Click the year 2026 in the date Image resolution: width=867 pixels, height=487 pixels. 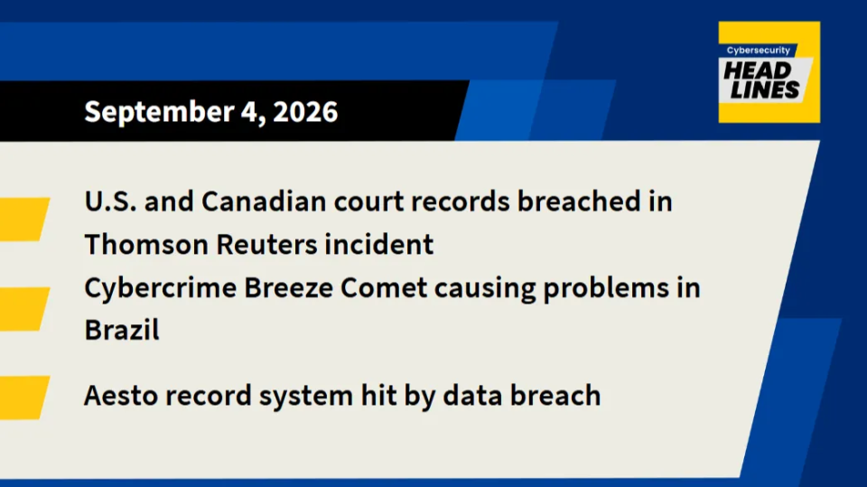click(x=305, y=111)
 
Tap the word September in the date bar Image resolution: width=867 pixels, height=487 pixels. click(x=159, y=113)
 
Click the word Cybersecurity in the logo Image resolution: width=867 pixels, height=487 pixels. click(x=758, y=51)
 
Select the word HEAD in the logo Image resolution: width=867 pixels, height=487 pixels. click(x=758, y=70)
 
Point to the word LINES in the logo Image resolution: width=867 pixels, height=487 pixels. click(x=765, y=89)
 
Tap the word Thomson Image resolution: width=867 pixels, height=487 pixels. click(x=146, y=244)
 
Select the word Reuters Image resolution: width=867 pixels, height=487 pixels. click(x=266, y=245)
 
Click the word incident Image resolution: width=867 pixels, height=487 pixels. click(x=378, y=244)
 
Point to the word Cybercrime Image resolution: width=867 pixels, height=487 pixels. click(x=161, y=288)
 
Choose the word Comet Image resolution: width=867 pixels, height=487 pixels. click(x=384, y=287)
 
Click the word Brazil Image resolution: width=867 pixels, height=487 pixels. click(x=122, y=330)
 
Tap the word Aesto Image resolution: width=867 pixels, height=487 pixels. click(x=120, y=396)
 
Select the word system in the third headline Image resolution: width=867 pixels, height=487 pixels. click(x=306, y=397)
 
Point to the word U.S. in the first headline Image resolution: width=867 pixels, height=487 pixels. click(x=110, y=201)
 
